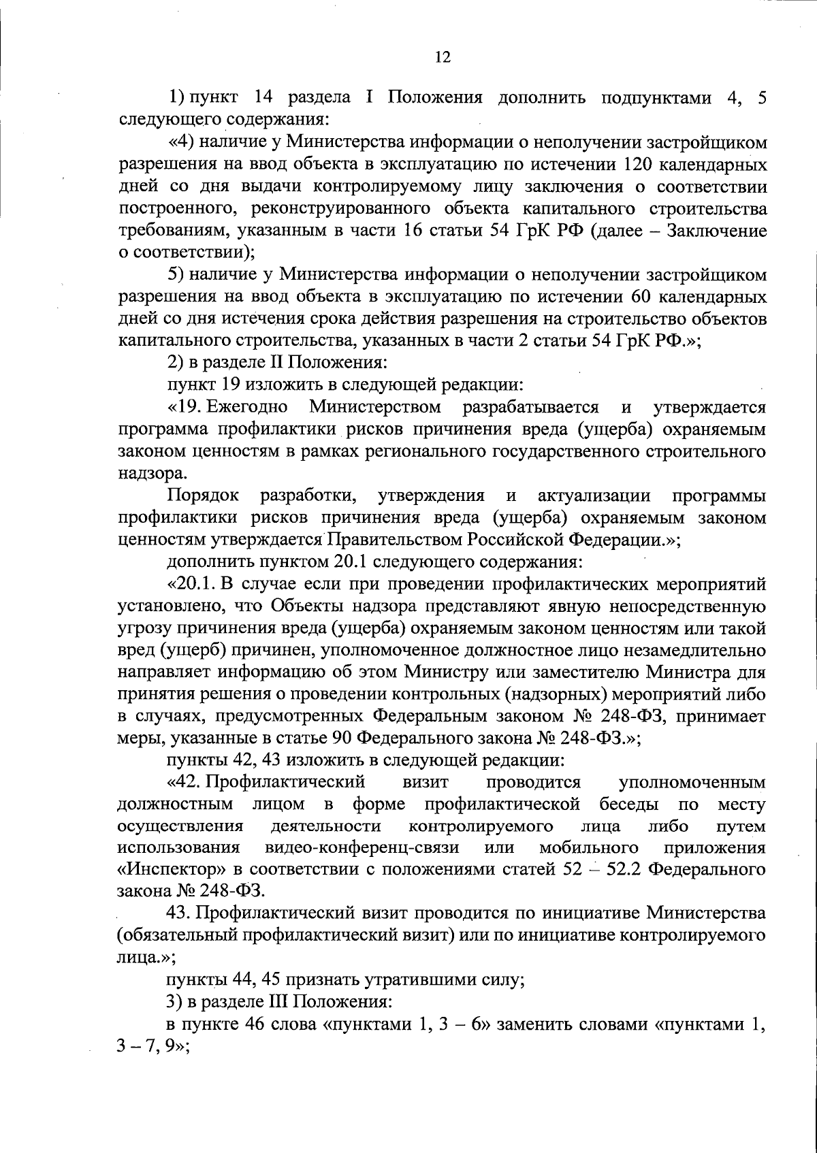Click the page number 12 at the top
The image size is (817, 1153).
[x=443, y=57]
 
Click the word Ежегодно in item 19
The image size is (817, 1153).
[x=246, y=408]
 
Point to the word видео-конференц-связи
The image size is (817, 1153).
[x=361, y=848]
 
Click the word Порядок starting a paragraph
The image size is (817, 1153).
[x=199, y=496]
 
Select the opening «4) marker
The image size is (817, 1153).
[x=181, y=142]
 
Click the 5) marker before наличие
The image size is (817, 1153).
[x=178, y=275]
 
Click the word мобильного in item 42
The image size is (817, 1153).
[x=588, y=848]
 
